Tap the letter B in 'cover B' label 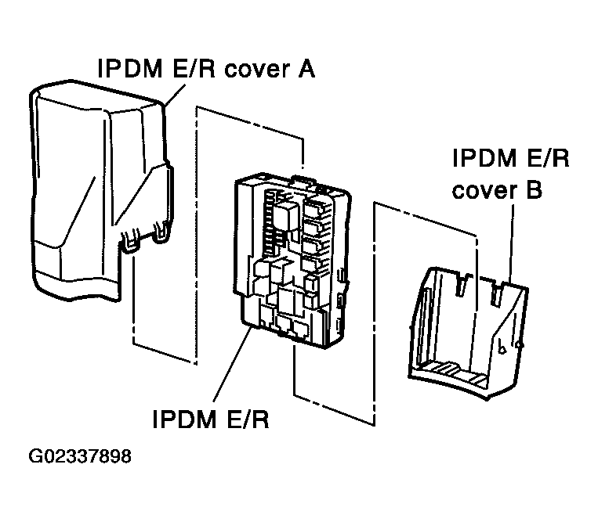coord(532,189)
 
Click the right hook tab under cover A coord(162,232)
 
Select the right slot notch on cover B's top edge coord(495,291)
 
